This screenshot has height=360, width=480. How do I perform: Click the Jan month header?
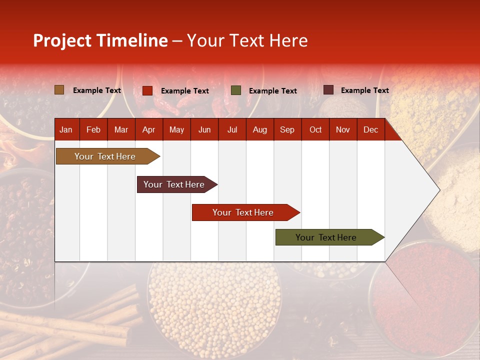coord(66,129)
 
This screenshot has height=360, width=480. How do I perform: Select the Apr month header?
coord(148,129)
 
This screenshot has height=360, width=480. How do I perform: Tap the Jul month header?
coord(232,129)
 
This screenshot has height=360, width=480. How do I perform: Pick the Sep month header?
coord(287,129)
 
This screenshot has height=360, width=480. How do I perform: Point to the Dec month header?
coord(370,129)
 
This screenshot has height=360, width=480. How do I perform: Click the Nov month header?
coord(342,129)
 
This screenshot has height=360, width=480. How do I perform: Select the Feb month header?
coord(93,129)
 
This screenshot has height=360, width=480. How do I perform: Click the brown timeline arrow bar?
coord(105,156)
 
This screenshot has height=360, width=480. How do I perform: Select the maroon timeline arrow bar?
coord(174,184)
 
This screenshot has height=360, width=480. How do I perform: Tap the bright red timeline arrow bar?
coord(243,212)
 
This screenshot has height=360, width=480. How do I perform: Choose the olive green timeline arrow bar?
coord(326,237)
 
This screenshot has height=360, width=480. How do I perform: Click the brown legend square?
coord(59,90)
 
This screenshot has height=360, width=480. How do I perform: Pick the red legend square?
coord(147,90)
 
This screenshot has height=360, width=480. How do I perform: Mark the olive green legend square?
coord(236,90)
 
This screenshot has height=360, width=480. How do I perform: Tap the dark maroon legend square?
coord(328,90)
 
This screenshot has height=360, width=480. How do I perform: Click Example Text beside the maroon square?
coord(364,90)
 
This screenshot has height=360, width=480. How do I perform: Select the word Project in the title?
coord(62,40)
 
